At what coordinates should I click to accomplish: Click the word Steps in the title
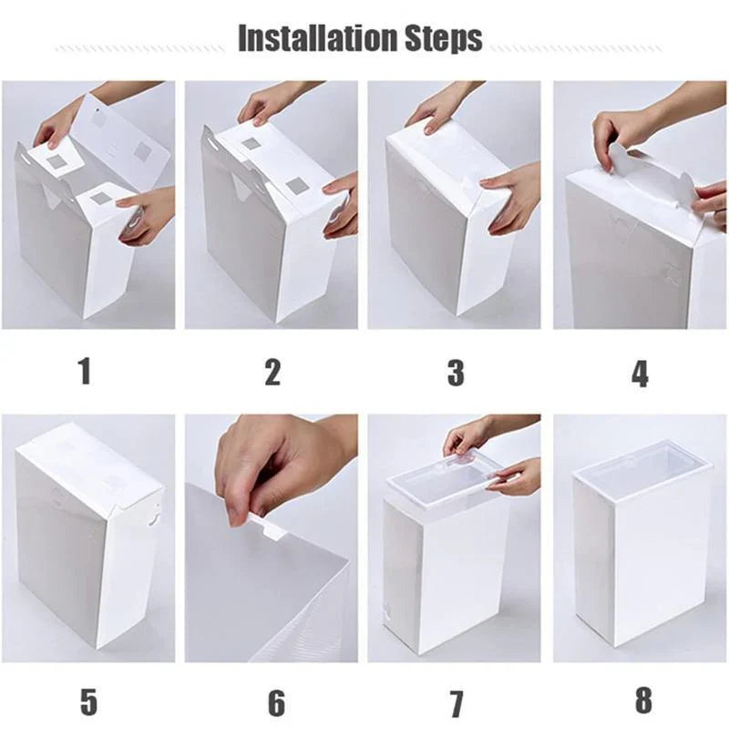[x=444, y=38]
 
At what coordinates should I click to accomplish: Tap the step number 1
[x=85, y=371]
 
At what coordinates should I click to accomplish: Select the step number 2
[x=272, y=372]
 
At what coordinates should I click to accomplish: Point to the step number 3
[x=456, y=372]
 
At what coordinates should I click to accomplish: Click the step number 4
[x=640, y=373]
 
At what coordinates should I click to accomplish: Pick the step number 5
[x=87, y=701]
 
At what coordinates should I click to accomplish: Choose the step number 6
[x=275, y=703]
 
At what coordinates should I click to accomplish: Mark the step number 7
[x=456, y=703]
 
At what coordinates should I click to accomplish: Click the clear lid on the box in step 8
[x=643, y=460]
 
